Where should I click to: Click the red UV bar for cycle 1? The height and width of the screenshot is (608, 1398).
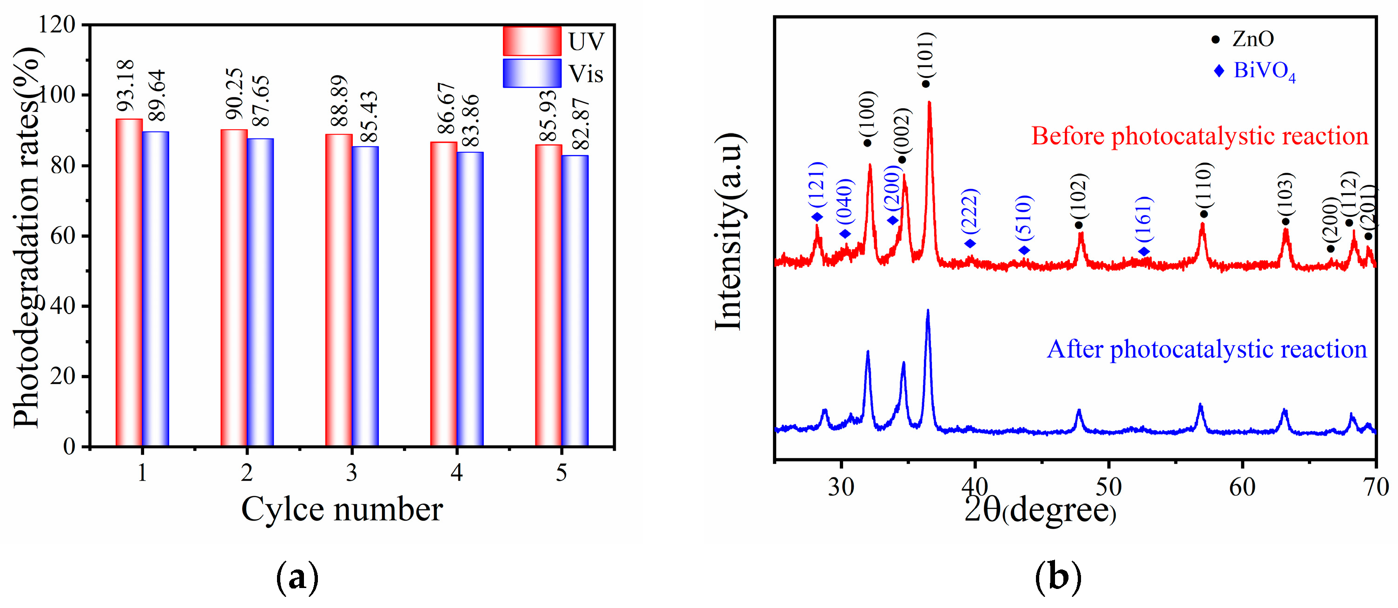[x=129, y=282]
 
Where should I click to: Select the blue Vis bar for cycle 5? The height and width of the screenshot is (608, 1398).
[x=575, y=301]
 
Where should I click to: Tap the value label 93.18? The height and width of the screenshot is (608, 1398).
[x=125, y=85]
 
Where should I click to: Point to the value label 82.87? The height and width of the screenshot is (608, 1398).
[x=580, y=124]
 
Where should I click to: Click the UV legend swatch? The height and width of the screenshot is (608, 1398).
[x=531, y=41]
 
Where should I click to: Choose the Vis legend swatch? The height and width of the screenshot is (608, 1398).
[x=531, y=73]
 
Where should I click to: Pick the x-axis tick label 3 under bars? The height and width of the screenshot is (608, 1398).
[x=352, y=473]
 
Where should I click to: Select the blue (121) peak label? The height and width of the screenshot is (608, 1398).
[x=817, y=184]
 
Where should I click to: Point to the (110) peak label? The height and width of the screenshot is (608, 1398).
[x=1203, y=184]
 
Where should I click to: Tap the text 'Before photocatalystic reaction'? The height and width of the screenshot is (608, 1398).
[x=1200, y=136]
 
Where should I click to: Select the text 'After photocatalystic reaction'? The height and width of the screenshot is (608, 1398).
[x=1207, y=349]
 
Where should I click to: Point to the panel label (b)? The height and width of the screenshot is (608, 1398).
[x=1058, y=578]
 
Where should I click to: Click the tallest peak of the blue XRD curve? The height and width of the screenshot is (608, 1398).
[x=928, y=312]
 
